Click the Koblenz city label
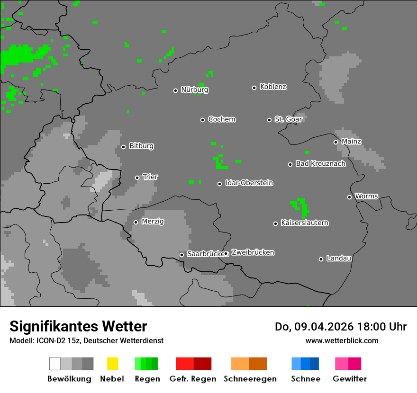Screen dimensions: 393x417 click(273, 87)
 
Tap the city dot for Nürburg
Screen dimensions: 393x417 click(175, 90)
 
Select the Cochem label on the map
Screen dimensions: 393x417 click(221, 119)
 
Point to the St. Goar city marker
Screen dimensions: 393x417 click(269, 120)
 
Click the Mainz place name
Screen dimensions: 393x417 click(351, 142)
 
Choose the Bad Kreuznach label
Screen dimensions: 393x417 click(320, 164)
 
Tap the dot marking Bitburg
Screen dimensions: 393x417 click(123, 147)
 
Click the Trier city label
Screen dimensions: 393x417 click(150, 177)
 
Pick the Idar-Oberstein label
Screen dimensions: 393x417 click(249, 183)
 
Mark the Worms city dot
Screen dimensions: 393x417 click(349, 197)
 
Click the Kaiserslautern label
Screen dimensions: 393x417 click(304, 223)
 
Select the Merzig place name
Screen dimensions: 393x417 click(153, 222)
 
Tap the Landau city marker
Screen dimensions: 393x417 click(321, 259)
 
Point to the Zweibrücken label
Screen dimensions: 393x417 click(253, 253)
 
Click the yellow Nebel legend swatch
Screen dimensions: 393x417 click(112, 364)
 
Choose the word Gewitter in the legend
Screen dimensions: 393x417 click(349, 379)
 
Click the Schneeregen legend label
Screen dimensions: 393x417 click(250, 379)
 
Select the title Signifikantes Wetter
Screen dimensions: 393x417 click(78, 327)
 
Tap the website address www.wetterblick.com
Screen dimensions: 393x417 click(342, 341)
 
